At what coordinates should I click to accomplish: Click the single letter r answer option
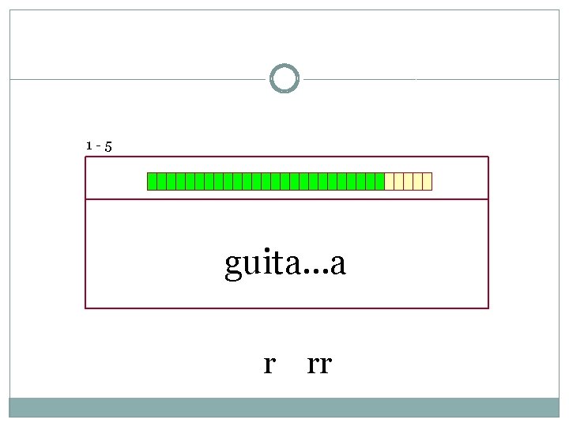point(269,365)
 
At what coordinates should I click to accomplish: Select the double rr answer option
point(319,365)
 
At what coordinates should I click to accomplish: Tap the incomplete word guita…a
point(285,264)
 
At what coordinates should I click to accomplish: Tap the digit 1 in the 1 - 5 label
point(89,145)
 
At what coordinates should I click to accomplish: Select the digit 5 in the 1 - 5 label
point(107,146)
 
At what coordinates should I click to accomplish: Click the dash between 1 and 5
point(98,146)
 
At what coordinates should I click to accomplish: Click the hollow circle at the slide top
point(284,79)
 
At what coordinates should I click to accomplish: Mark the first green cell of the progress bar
point(153,182)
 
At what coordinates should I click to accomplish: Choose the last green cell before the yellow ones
point(380,182)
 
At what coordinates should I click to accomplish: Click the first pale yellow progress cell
point(390,182)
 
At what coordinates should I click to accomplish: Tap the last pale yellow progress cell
point(428,182)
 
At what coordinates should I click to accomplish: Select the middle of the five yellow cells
point(409,182)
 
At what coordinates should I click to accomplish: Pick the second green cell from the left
point(162,182)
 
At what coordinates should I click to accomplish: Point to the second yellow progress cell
point(399,182)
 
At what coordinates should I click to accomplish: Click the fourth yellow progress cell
point(418,182)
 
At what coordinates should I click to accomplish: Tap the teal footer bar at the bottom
point(284,406)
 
